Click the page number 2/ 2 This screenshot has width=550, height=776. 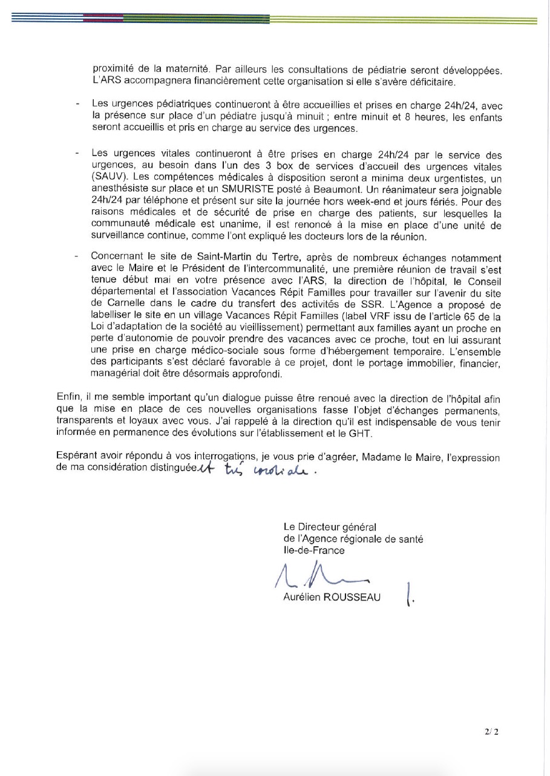491,732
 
